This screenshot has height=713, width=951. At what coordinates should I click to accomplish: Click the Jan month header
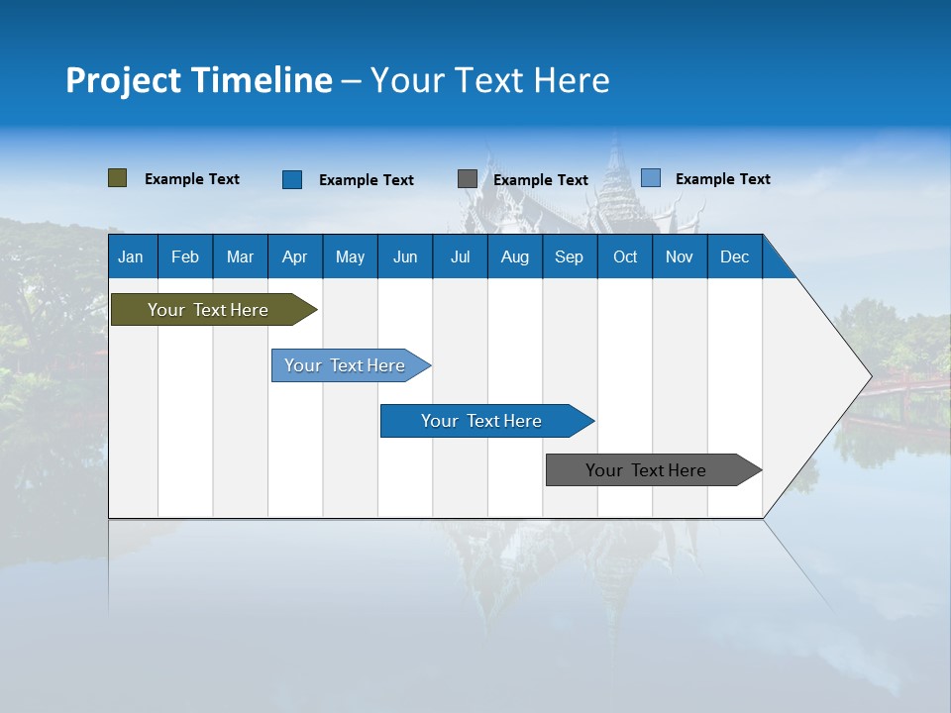tap(131, 257)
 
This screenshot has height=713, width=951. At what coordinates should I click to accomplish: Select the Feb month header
tap(185, 257)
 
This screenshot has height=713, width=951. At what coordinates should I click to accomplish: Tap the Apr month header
tap(294, 257)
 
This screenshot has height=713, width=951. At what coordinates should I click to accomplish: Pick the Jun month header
tap(405, 257)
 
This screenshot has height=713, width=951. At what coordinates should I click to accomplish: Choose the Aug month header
tap(514, 257)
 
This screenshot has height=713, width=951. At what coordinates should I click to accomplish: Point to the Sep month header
tap(569, 257)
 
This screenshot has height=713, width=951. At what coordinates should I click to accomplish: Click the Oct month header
tap(625, 257)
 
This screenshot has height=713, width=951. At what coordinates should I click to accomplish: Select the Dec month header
tap(734, 257)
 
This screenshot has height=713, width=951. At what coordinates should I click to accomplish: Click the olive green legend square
tap(118, 178)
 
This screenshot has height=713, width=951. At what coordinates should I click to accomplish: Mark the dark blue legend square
tap(292, 179)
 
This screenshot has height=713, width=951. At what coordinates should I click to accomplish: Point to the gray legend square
tap(468, 179)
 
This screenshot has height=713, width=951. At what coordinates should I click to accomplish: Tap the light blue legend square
tap(651, 178)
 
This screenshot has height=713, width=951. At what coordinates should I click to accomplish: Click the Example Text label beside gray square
tap(541, 180)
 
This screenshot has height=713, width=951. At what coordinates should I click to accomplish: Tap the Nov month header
tap(680, 257)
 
